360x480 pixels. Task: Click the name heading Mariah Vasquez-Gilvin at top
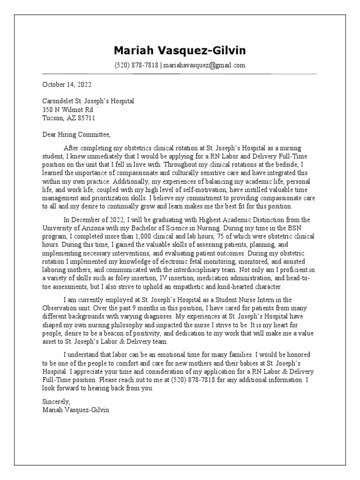click(180, 51)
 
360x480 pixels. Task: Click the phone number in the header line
click(137, 66)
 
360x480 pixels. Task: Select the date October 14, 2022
click(67, 85)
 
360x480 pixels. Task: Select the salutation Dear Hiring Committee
click(76, 135)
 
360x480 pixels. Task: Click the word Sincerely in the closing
click(56, 402)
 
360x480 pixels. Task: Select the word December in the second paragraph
click(87, 219)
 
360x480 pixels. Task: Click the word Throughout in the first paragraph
click(195, 164)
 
